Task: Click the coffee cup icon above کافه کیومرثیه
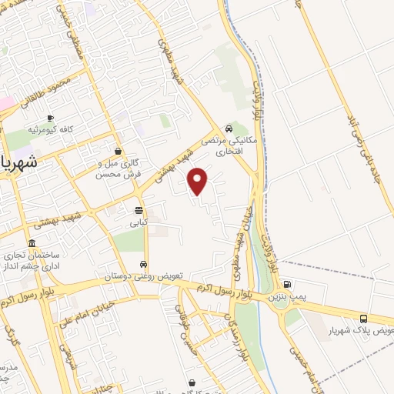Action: [x=50, y=118]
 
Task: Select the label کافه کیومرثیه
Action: [x=51, y=129]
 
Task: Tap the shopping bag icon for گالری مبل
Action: [x=117, y=151]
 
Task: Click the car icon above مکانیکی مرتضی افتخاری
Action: [x=229, y=129]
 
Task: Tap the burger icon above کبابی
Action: [x=139, y=209]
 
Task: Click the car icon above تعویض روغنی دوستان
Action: [x=143, y=263]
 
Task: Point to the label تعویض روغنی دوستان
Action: [x=139, y=275]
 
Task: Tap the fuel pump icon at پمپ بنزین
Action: [x=287, y=284]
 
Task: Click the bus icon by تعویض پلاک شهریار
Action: [x=363, y=319]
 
